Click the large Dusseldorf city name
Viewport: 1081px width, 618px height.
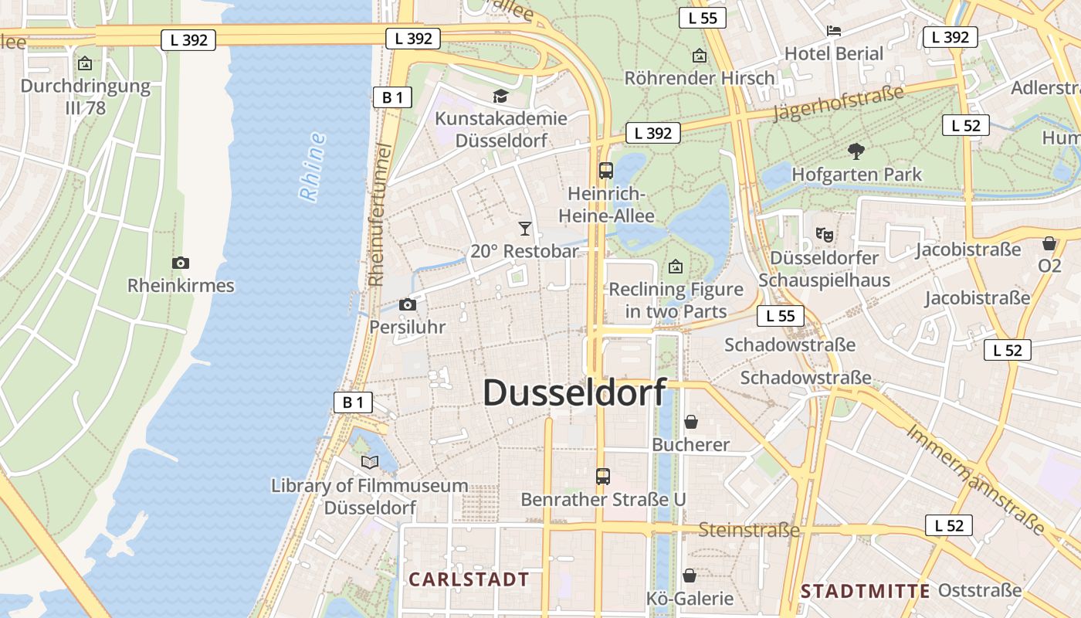(574, 392)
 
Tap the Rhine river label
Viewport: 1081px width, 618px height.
(312, 167)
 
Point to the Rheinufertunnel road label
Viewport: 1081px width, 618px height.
(378, 214)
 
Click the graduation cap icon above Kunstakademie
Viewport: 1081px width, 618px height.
(501, 96)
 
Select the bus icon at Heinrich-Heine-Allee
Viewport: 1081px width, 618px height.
(606, 171)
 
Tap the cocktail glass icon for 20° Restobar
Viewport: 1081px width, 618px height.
(525, 228)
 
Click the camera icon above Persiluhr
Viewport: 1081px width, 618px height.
(408, 304)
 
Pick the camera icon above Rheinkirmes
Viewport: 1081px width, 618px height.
(181, 263)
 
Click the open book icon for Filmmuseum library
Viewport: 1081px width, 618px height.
(370, 462)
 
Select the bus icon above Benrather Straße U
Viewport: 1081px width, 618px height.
(603, 477)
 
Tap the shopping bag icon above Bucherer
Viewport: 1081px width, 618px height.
(691, 422)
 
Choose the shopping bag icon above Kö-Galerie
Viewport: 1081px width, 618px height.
(690, 576)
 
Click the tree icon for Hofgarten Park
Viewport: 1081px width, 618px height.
(856, 151)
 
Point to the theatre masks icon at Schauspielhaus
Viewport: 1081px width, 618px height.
(824, 233)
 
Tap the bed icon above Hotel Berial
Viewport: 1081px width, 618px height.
(834, 31)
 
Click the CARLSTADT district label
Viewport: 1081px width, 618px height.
(469, 579)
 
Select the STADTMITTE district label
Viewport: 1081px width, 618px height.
(865, 592)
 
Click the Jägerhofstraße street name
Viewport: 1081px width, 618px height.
(838, 104)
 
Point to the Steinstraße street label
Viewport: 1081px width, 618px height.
(749, 530)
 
